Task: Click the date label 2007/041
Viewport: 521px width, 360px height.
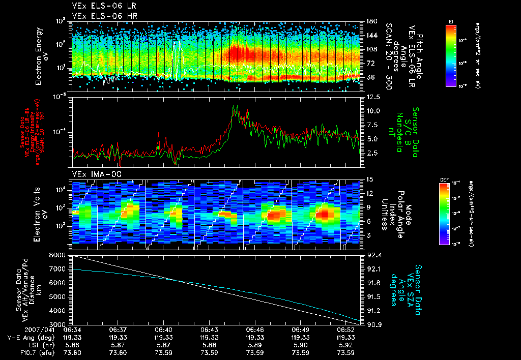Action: pyautogui.click(x=21, y=330)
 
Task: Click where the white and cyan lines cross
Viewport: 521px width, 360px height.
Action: pyautogui.click(x=176, y=280)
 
